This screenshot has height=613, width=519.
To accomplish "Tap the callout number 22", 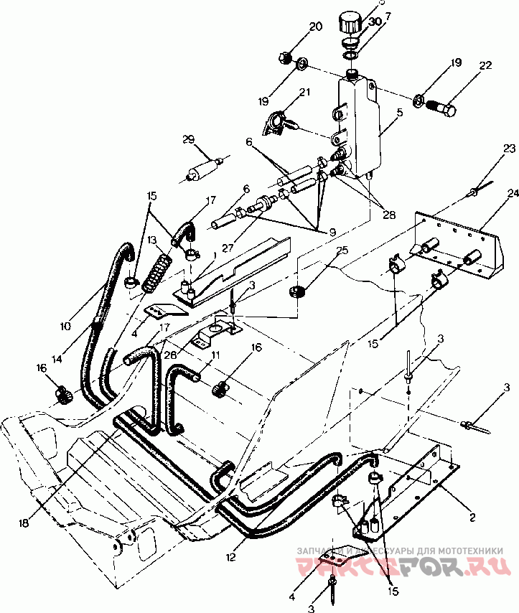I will tap(486, 66).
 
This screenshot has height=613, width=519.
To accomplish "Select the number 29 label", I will tap(188, 139).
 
